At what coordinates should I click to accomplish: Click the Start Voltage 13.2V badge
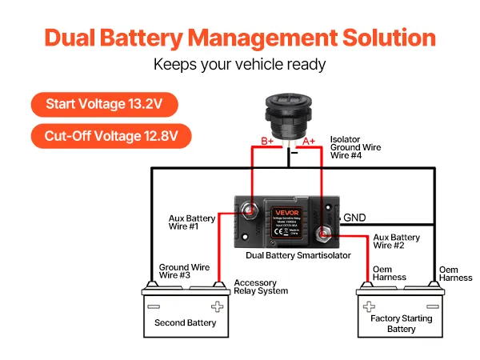pos(103,104)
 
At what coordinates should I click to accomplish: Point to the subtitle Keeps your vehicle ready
pos(239,65)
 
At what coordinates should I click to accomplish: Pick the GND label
pos(354,218)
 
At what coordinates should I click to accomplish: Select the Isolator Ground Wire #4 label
pos(355,147)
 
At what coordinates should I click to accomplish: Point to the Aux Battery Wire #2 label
pos(396,242)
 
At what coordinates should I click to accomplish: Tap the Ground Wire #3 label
pos(184,271)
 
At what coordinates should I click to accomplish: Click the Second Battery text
pos(185,323)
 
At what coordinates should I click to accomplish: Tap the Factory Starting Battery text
pos(401,323)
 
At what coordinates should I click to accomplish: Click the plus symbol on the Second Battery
pos(216,306)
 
